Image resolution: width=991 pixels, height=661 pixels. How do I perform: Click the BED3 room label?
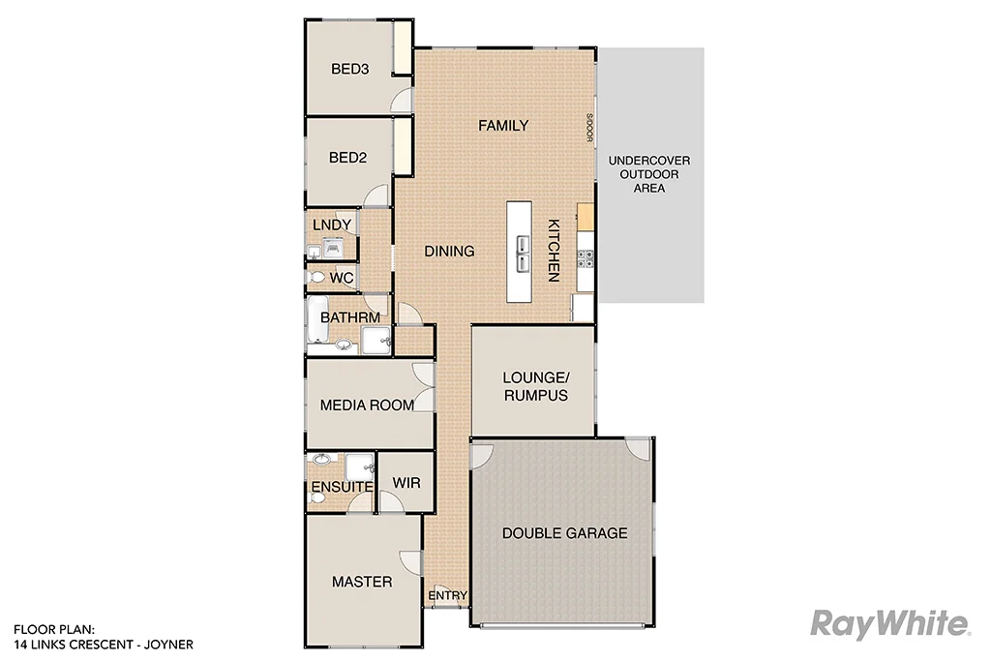click(x=350, y=69)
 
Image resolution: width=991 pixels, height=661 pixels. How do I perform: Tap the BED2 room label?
click(x=348, y=158)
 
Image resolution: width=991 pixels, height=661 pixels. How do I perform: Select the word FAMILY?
click(x=503, y=126)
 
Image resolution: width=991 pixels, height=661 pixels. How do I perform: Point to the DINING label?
click(x=449, y=252)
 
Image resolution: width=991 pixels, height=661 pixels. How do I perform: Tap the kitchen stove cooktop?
click(x=585, y=257)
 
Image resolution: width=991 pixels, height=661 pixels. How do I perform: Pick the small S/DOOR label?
click(x=587, y=128)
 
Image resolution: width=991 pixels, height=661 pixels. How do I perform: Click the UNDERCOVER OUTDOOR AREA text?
click(x=648, y=174)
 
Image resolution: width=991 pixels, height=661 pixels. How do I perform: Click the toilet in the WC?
click(x=315, y=278)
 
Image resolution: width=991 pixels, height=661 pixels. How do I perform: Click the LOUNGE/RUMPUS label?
click(x=534, y=387)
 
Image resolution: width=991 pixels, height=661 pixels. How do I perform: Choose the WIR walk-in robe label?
click(x=405, y=481)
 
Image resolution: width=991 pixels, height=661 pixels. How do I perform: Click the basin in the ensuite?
click(x=322, y=462)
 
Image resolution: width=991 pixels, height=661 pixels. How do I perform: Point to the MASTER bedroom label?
click(x=362, y=582)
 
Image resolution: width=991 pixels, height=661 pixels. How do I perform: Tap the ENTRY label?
click(x=448, y=595)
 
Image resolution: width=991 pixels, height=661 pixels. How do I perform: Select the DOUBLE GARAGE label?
click(x=564, y=533)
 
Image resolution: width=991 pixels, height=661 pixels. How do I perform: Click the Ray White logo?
click(x=888, y=624)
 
